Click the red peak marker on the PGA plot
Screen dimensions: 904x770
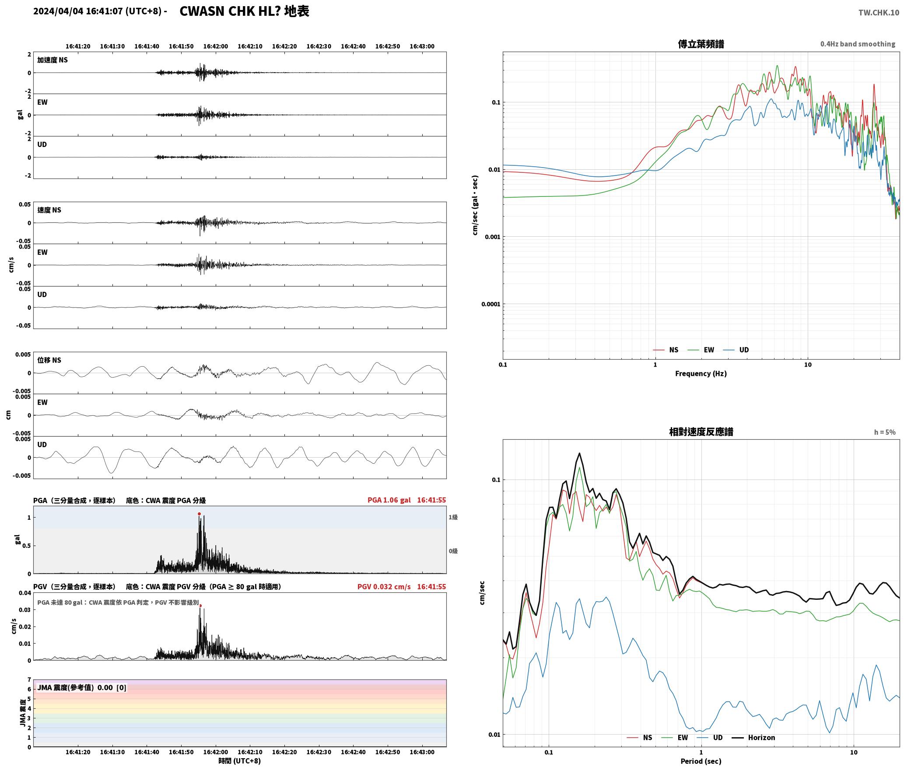tap(199, 514)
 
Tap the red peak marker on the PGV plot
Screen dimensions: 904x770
tap(200, 606)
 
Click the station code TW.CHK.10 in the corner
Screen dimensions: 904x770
tap(879, 13)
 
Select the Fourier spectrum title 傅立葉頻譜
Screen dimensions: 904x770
tap(701, 44)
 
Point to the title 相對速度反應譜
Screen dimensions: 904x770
tap(701, 432)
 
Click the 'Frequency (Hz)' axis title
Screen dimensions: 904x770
tap(701, 374)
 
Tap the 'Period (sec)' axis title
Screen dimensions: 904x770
tap(701, 761)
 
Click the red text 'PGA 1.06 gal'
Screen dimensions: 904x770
tap(389, 500)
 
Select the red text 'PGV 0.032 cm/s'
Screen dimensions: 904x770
tap(384, 587)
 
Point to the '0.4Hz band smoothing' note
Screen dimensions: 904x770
tap(858, 44)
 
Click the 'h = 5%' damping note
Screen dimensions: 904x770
tap(885, 432)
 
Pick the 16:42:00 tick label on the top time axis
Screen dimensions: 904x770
tap(215, 46)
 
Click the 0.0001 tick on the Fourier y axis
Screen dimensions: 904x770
tap(491, 304)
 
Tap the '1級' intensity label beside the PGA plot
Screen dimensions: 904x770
tap(453, 518)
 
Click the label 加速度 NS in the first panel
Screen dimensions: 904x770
tap(53, 60)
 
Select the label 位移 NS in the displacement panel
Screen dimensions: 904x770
tap(49, 360)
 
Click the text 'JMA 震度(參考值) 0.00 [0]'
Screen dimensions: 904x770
tap(82, 688)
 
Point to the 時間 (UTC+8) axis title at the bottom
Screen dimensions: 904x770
tap(240, 761)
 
